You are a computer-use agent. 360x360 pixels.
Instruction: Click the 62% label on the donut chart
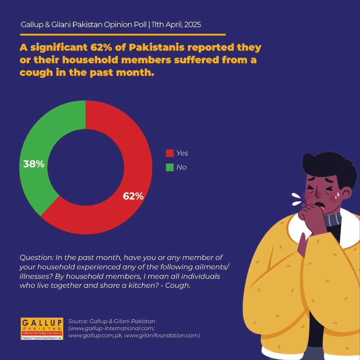coord(133,196)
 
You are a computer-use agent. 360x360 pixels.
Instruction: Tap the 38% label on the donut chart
coord(34,164)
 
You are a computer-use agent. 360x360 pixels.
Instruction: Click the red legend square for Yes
coord(170,153)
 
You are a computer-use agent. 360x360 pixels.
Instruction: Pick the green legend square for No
coord(170,167)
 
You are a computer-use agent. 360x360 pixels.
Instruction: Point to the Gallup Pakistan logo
coord(42,329)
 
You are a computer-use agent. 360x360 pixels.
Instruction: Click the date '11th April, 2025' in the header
coord(176,25)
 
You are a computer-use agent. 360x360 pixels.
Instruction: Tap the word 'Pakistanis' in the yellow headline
coord(157,47)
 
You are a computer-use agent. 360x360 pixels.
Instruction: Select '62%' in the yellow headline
coord(101,47)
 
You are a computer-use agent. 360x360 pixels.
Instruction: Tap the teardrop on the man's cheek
coord(338,195)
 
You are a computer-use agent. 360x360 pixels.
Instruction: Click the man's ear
coord(347,193)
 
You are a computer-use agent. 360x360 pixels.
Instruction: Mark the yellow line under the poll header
coord(123,35)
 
